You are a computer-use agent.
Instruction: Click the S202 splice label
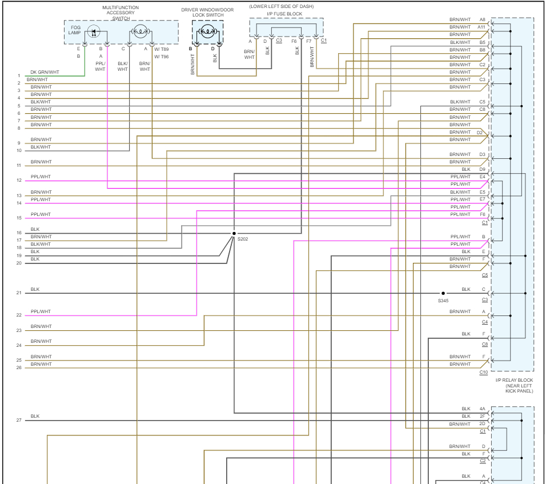(x=243, y=239)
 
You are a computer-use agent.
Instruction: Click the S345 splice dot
(x=443, y=293)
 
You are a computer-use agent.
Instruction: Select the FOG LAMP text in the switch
(x=75, y=30)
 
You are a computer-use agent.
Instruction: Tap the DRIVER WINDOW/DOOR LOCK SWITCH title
(x=207, y=13)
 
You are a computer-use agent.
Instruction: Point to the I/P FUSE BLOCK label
(x=284, y=14)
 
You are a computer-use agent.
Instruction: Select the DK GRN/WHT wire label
(x=45, y=72)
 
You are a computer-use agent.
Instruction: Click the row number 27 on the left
(x=19, y=420)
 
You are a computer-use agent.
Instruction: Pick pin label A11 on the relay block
(x=481, y=27)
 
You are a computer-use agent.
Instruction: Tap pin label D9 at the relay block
(x=482, y=169)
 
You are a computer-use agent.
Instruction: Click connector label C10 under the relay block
(x=483, y=372)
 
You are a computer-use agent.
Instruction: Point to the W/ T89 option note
(x=161, y=49)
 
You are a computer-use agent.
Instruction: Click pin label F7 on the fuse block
(x=309, y=41)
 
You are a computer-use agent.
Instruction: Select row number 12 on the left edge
(x=19, y=181)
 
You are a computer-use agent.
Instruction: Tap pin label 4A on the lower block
(x=482, y=409)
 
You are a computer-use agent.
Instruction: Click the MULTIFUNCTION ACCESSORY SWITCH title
(x=121, y=13)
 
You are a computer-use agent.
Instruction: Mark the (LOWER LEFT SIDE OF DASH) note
(x=281, y=6)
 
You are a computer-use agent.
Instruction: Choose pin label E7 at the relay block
(x=482, y=199)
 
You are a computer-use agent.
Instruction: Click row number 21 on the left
(x=19, y=293)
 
